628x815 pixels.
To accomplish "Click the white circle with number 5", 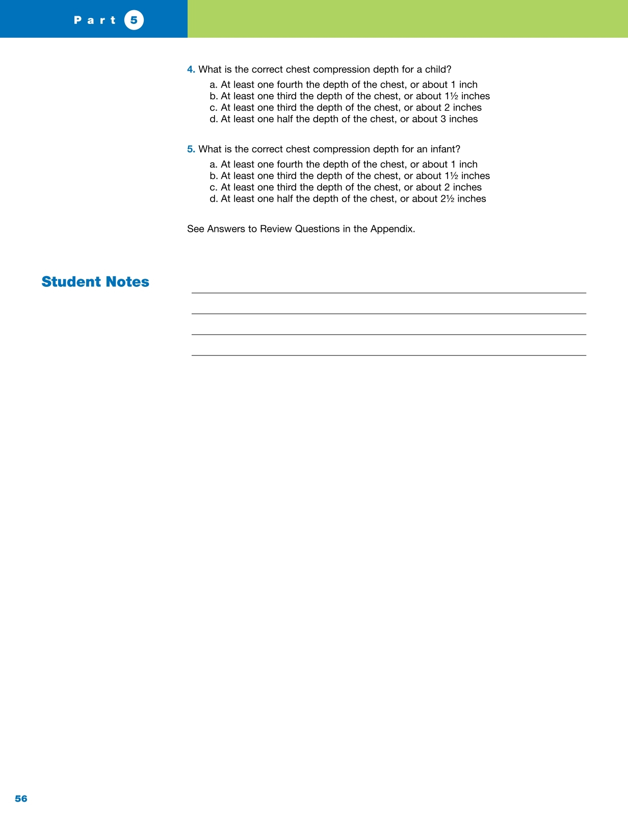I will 134,20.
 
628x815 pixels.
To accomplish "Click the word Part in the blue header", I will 95,20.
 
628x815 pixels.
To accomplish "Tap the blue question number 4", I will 191,69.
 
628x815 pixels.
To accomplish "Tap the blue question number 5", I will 191,149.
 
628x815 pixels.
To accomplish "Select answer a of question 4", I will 344,85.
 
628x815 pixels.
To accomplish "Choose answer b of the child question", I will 350,96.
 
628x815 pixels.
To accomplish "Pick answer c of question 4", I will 346,107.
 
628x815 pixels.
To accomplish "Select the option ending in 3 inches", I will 344,119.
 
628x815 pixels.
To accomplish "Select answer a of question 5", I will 344,165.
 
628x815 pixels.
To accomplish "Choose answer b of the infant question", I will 350,176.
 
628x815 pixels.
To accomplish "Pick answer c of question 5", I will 346,187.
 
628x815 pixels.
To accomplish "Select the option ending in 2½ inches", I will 348,199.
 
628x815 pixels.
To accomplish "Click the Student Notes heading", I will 95,282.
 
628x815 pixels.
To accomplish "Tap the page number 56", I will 21,799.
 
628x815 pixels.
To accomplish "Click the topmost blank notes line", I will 388,293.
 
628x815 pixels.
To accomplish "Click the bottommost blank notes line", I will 388,355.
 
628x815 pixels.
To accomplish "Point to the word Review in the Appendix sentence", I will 275,229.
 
